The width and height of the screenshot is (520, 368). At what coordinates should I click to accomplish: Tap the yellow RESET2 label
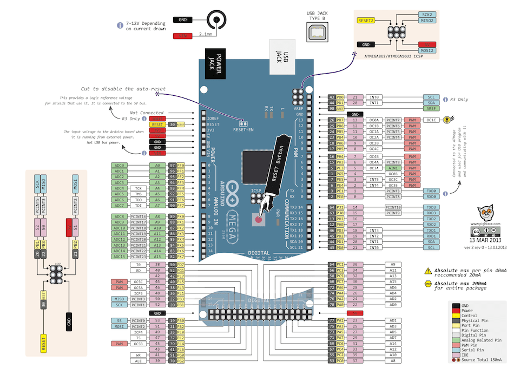click(366, 21)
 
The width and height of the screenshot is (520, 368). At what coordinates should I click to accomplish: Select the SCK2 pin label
click(426, 15)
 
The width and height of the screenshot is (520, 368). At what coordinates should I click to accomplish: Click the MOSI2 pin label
click(426, 50)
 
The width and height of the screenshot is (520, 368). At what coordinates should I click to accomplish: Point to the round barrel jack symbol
click(218, 20)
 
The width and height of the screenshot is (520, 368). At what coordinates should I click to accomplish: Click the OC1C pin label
click(431, 120)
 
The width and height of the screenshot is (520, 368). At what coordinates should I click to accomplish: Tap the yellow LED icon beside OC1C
click(447, 120)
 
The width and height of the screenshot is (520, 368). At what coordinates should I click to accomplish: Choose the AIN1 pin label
click(393, 168)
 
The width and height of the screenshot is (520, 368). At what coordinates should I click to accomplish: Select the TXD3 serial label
click(431, 207)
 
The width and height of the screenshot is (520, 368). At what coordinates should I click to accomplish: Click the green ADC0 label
click(119, 165)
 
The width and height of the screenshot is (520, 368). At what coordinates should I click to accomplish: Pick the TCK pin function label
click(139, 188)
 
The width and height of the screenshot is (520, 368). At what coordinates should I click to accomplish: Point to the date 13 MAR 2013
click(489, 240)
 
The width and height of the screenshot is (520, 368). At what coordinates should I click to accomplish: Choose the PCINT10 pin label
click(393, 207)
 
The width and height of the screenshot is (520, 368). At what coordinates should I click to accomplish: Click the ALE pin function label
click(139, 361)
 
